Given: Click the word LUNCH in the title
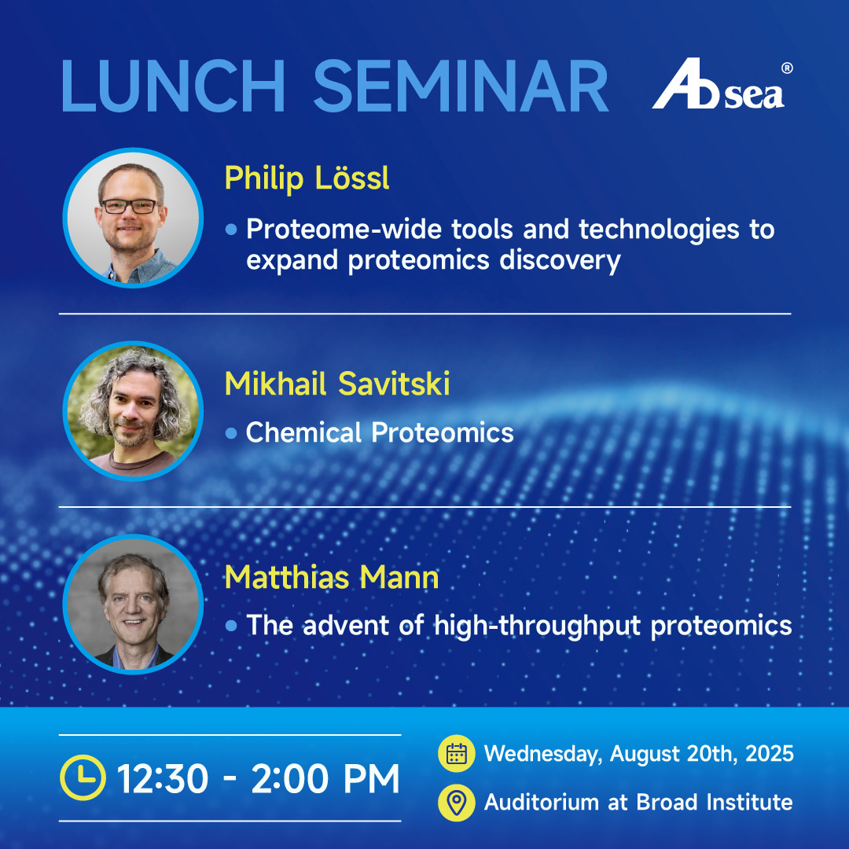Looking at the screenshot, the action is [173, 86].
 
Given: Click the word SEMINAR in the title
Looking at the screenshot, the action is [461, 86].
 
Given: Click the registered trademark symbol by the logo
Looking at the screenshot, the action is [787, 68].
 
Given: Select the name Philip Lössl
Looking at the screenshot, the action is [307, 178].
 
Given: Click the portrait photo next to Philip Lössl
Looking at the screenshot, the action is [133, 218].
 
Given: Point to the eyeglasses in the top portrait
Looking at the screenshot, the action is [130, 206].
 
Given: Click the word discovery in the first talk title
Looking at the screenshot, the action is [560, 261].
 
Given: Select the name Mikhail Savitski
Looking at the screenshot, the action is [337, 384].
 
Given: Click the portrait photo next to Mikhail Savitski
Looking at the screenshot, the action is [133, 411].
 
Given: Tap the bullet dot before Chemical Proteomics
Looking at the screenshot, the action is [231, 433].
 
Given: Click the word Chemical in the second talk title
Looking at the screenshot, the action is [303, 432].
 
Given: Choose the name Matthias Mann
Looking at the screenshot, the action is [332, 577].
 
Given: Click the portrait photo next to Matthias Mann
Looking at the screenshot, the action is [133, 605].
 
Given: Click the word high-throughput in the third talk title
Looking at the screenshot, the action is [538, 626].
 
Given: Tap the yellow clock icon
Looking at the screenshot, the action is [83, 777].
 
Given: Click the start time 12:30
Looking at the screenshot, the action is [163, 778].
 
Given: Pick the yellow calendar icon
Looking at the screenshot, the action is [457, 753].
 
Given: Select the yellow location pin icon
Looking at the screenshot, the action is [457, 803].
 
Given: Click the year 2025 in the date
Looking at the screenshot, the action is [770, 754].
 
